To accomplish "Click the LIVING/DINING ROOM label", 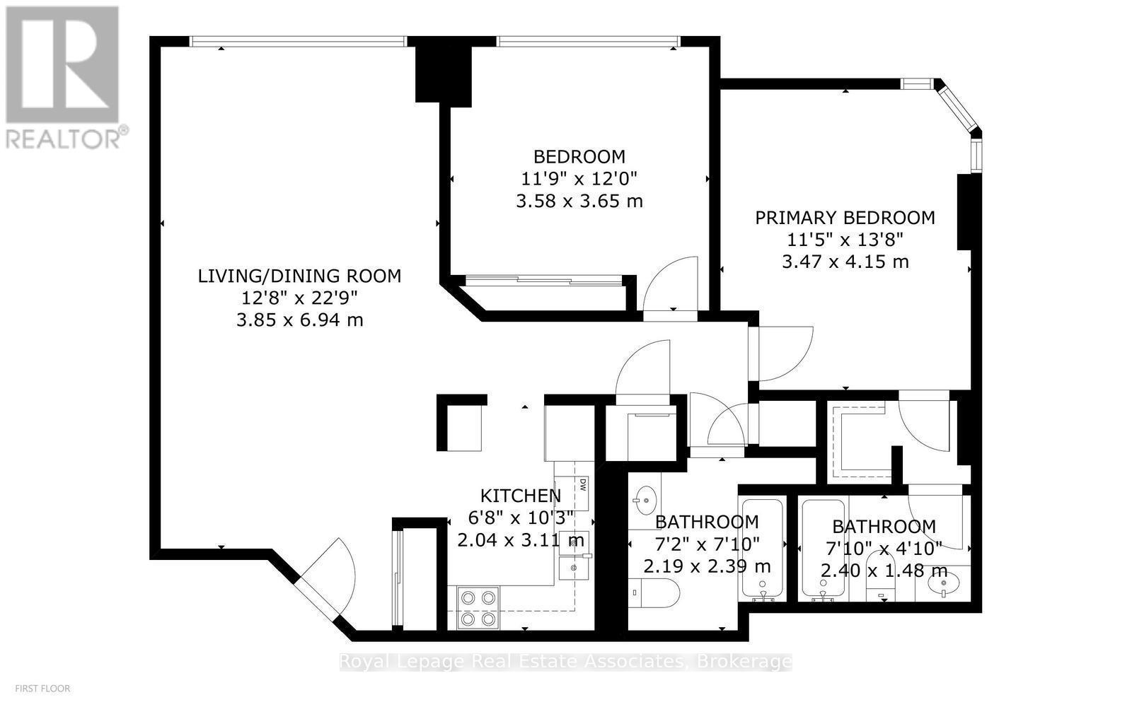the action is (x=299, y=276).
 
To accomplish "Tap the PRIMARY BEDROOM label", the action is (x=845, y=218).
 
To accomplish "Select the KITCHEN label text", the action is (x=521, y=496).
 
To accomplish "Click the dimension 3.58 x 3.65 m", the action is (x=579, y=201).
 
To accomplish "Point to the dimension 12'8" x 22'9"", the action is (x=299, y=298).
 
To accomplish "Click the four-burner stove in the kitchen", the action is (x=478, y=607).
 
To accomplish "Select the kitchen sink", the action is (x=574, y=555).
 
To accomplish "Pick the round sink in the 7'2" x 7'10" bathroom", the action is (x=645, y=501).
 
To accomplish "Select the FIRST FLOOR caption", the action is (x=43, y=689).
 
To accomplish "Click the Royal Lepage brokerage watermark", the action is (x=565, y=661).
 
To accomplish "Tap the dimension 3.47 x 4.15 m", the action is (x=845, y=262).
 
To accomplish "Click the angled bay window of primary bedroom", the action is (x=957, y=109).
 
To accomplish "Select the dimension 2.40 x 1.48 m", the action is (x=884, y=571).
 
